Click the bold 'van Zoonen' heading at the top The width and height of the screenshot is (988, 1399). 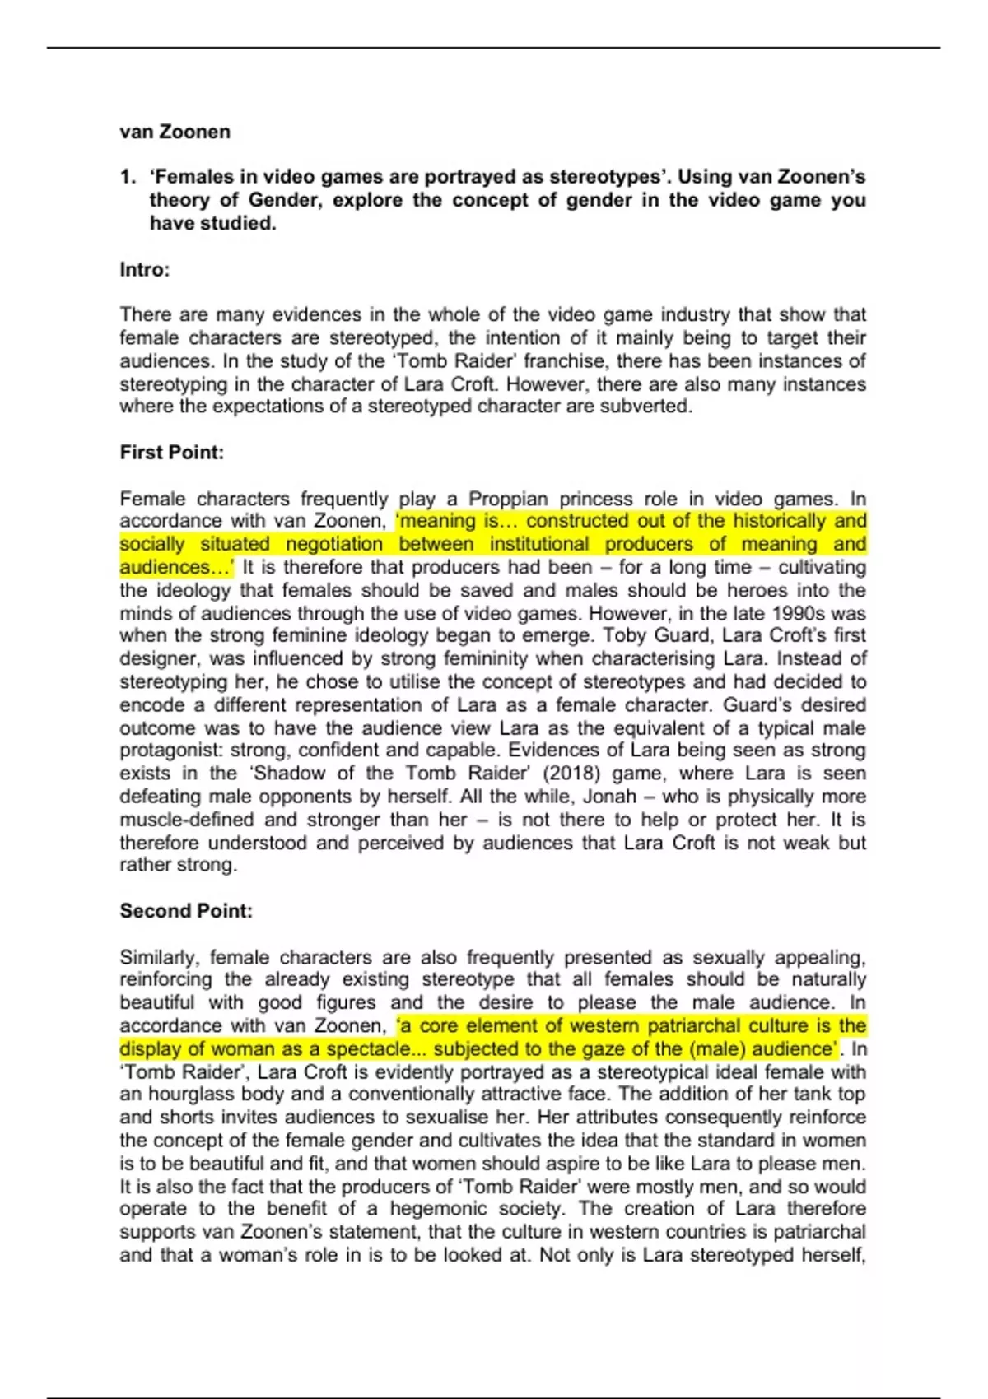coord(175,132)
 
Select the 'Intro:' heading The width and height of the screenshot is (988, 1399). coord(144,270)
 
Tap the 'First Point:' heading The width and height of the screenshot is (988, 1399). coord(171,452)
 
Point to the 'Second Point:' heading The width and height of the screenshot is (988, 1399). coord(186,911)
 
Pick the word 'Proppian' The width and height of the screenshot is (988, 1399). coord(508,499)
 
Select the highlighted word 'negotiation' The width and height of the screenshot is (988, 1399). coord(334,544)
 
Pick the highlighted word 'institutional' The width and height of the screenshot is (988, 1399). coord(538,544)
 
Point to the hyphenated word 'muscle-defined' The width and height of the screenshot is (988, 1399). coord(187,820)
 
